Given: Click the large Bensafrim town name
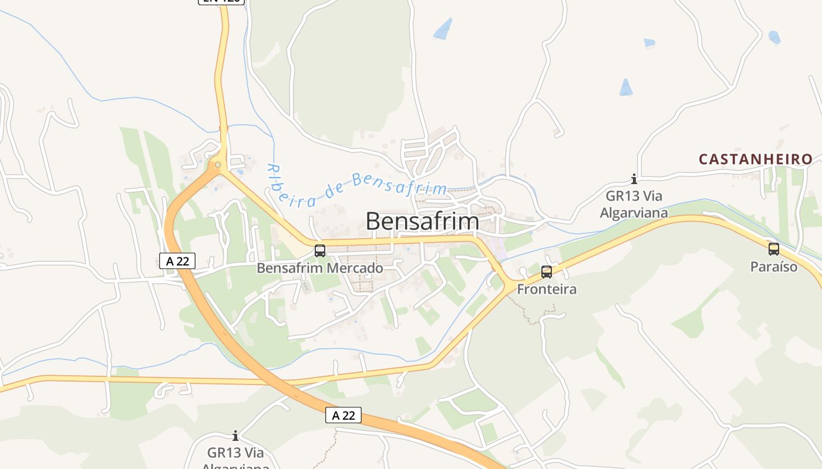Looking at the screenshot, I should (422, 221).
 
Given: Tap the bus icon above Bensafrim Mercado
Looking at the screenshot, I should (320, 251).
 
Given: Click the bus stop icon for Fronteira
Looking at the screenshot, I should (547, 272).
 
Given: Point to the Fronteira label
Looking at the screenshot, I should (547, 289).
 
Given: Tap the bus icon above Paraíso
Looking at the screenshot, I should (774, 249).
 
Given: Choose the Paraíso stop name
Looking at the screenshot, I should (774, 267).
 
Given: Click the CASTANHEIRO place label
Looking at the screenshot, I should (756, 159).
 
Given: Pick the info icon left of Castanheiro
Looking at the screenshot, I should (634, 179).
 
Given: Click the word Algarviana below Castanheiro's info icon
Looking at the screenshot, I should (634, 212).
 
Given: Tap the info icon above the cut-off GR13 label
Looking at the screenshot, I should (235, 436).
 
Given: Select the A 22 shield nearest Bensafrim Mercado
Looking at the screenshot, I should (177, 261).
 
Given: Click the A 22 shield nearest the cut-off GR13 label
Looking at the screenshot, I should (343, 415).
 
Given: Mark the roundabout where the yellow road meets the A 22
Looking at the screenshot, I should (218, 165).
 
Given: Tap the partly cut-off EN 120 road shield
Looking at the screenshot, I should (221, 2).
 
